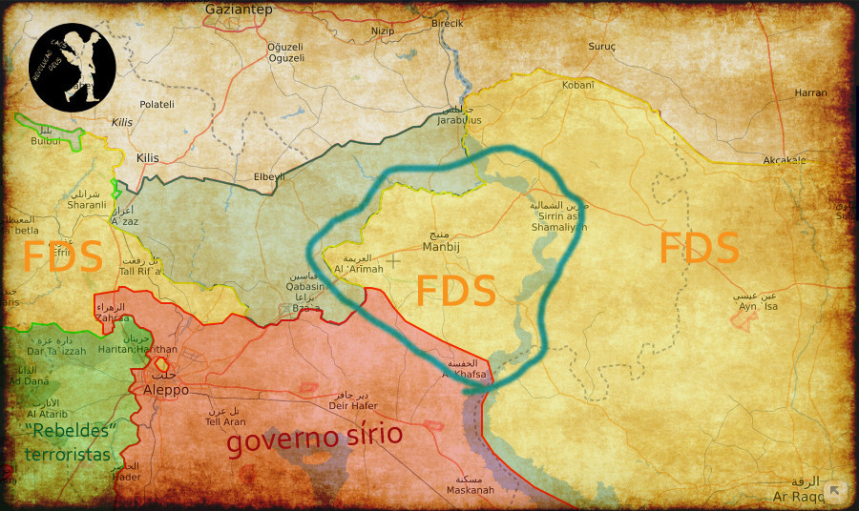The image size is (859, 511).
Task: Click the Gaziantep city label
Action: pyautogui.click(x=239, y=10)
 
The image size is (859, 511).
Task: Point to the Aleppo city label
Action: pyautogui.click(x=165, y=390)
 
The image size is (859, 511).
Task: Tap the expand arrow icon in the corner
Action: pyautogui.click(x=835, y=491)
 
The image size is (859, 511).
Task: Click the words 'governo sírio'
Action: pyautogui.click(x=314, y=438)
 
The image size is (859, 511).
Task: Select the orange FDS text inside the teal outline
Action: pyautogui.click(x=455, y=291)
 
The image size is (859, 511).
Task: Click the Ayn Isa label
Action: pyautogui.click(x=759, y=306)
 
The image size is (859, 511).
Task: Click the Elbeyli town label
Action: pyautogui.click(x=268, y=176)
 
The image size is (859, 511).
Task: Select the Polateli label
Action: pyautogui.click(x=157, y=104)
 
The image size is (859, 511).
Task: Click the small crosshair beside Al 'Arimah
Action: pyautogui.click(x=392, y=259)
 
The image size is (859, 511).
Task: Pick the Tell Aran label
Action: pyautogui.click(x=225, y=421)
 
